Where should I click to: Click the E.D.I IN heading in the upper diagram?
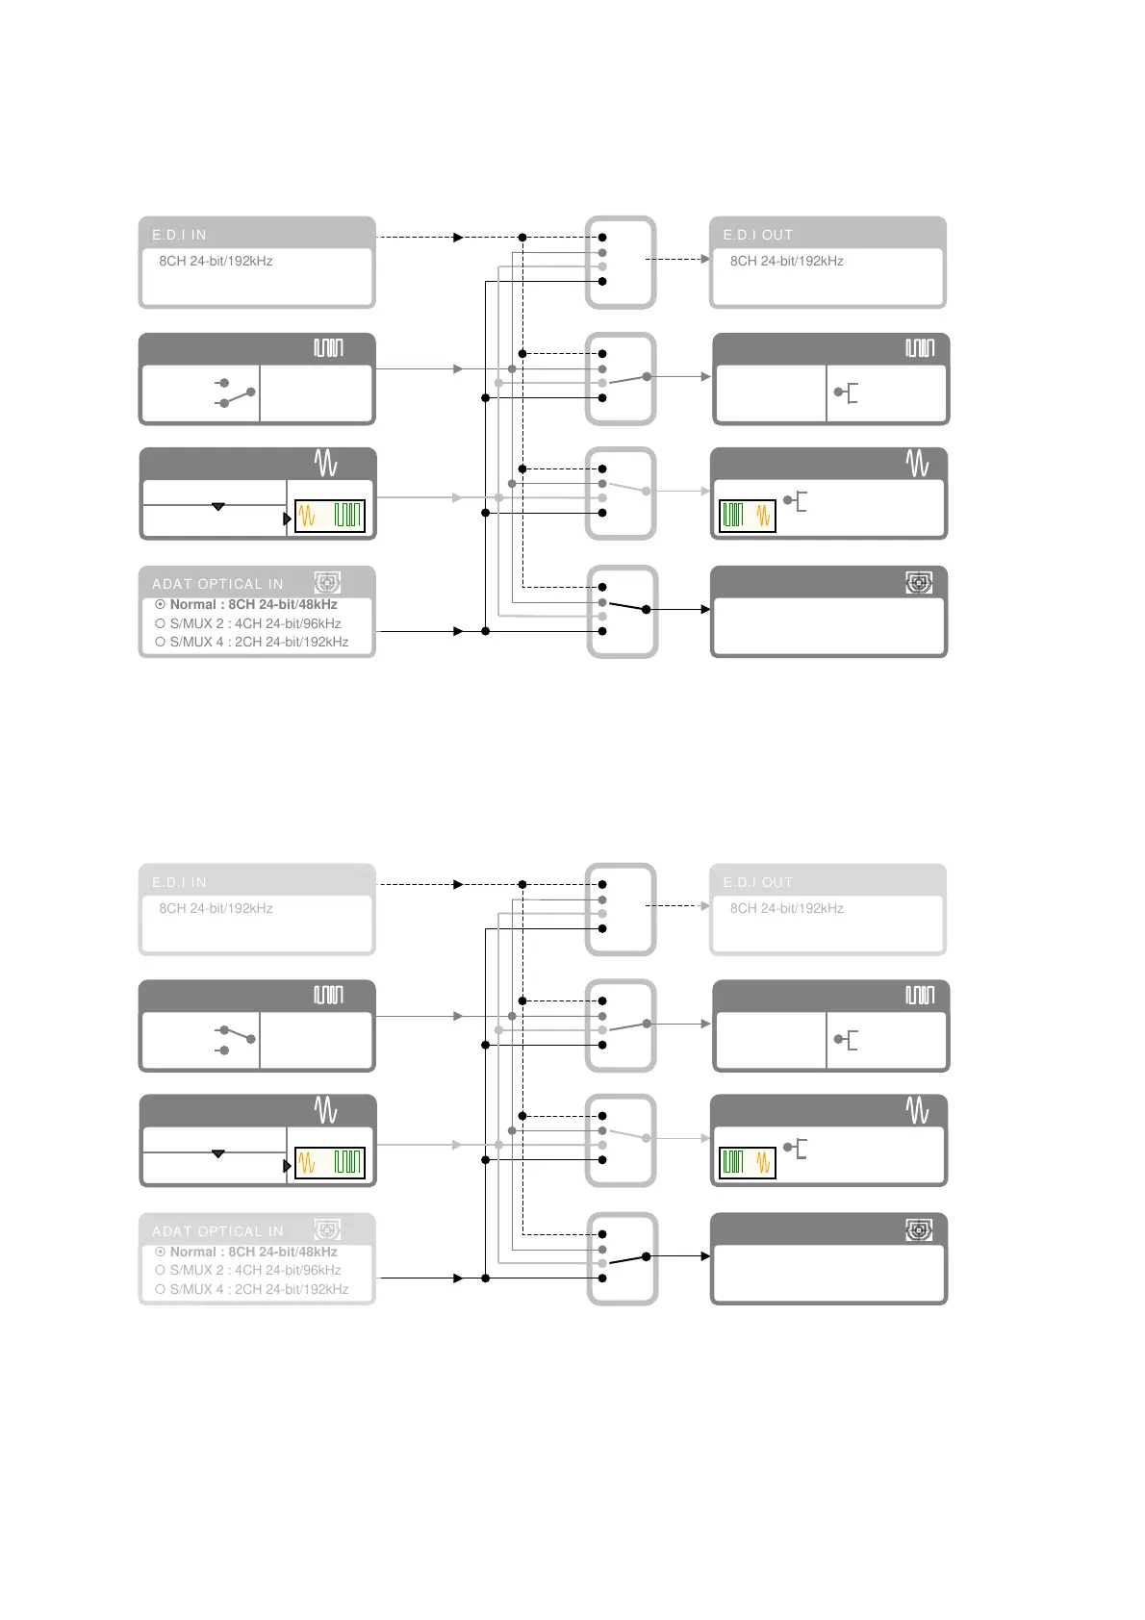[179, 235]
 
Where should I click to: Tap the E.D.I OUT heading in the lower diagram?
[758, 882]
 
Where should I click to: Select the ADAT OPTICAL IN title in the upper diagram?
[217, 584]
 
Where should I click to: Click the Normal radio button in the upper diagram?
[161, 605]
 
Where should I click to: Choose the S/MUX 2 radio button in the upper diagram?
[161, 623]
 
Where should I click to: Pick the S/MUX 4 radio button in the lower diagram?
[161, 1289]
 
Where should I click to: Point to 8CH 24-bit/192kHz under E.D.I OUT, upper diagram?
[786, 261]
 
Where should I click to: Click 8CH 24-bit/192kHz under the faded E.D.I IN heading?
[216, 908]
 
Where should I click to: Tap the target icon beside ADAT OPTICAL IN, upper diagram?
[327, 582]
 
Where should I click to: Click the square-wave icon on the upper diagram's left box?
[328, 347]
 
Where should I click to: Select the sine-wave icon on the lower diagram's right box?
[917, 1111]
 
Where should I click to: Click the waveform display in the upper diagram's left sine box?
[330, 516]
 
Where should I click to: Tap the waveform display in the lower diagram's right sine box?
[747, 1163]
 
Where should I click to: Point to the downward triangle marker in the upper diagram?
[218, 506]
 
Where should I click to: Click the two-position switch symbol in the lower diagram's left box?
[235, 1040]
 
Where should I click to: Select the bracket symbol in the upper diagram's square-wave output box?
[846, 392]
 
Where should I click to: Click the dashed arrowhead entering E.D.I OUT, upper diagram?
[705, 259]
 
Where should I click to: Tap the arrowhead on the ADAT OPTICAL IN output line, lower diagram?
[458, 1278]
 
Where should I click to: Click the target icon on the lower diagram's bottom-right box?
[919, 1229]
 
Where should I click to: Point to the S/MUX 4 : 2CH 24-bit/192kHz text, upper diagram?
[259, 643]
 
